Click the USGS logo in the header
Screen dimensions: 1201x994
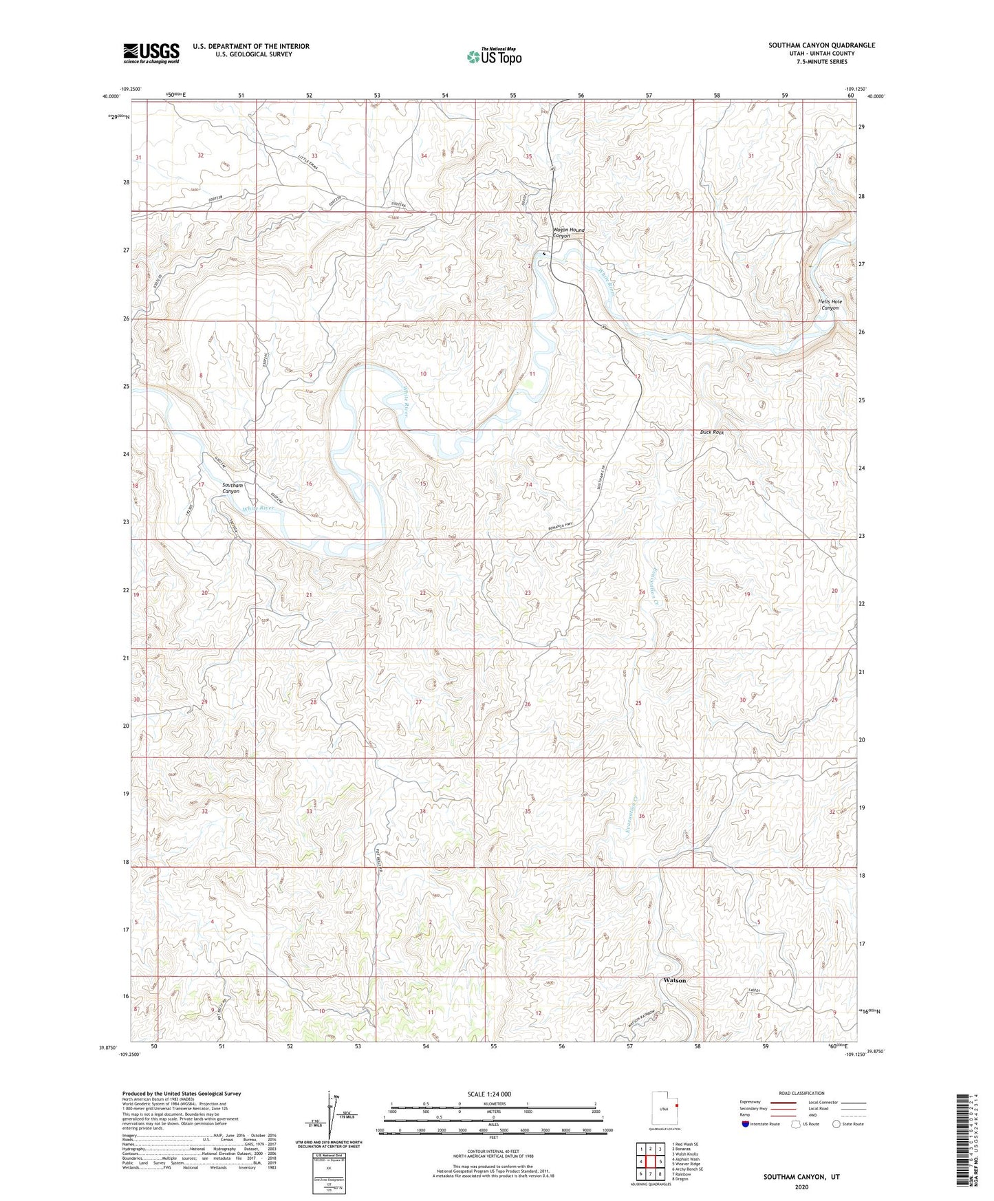(x=151, y=53)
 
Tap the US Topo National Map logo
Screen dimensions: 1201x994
(x=493, y=56)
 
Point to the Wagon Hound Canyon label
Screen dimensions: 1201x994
(x=569, y=233)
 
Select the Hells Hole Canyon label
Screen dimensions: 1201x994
(x=830, y=305)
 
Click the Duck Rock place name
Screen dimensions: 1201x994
(x=711, y=433)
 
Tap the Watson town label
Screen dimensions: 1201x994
(x=673, y=980)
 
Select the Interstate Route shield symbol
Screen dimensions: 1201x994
(x=746, y=1124)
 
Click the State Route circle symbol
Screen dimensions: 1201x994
(x=836, y=1124)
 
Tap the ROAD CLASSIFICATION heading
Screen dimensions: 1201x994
(x=801, y=1093)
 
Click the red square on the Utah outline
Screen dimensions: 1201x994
(x=676, y=1105)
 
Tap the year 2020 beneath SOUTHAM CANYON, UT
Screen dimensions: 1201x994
(x=801, y=1187)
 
